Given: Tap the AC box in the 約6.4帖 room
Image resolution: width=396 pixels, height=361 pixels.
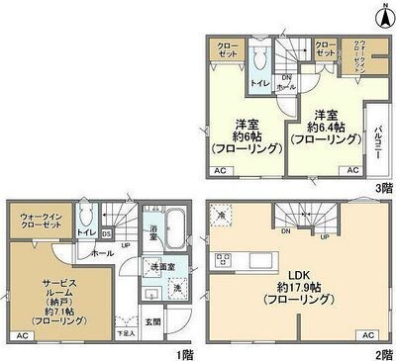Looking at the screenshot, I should click(352, 170).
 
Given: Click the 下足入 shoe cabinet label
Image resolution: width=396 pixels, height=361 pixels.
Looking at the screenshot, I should click(124, 333).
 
